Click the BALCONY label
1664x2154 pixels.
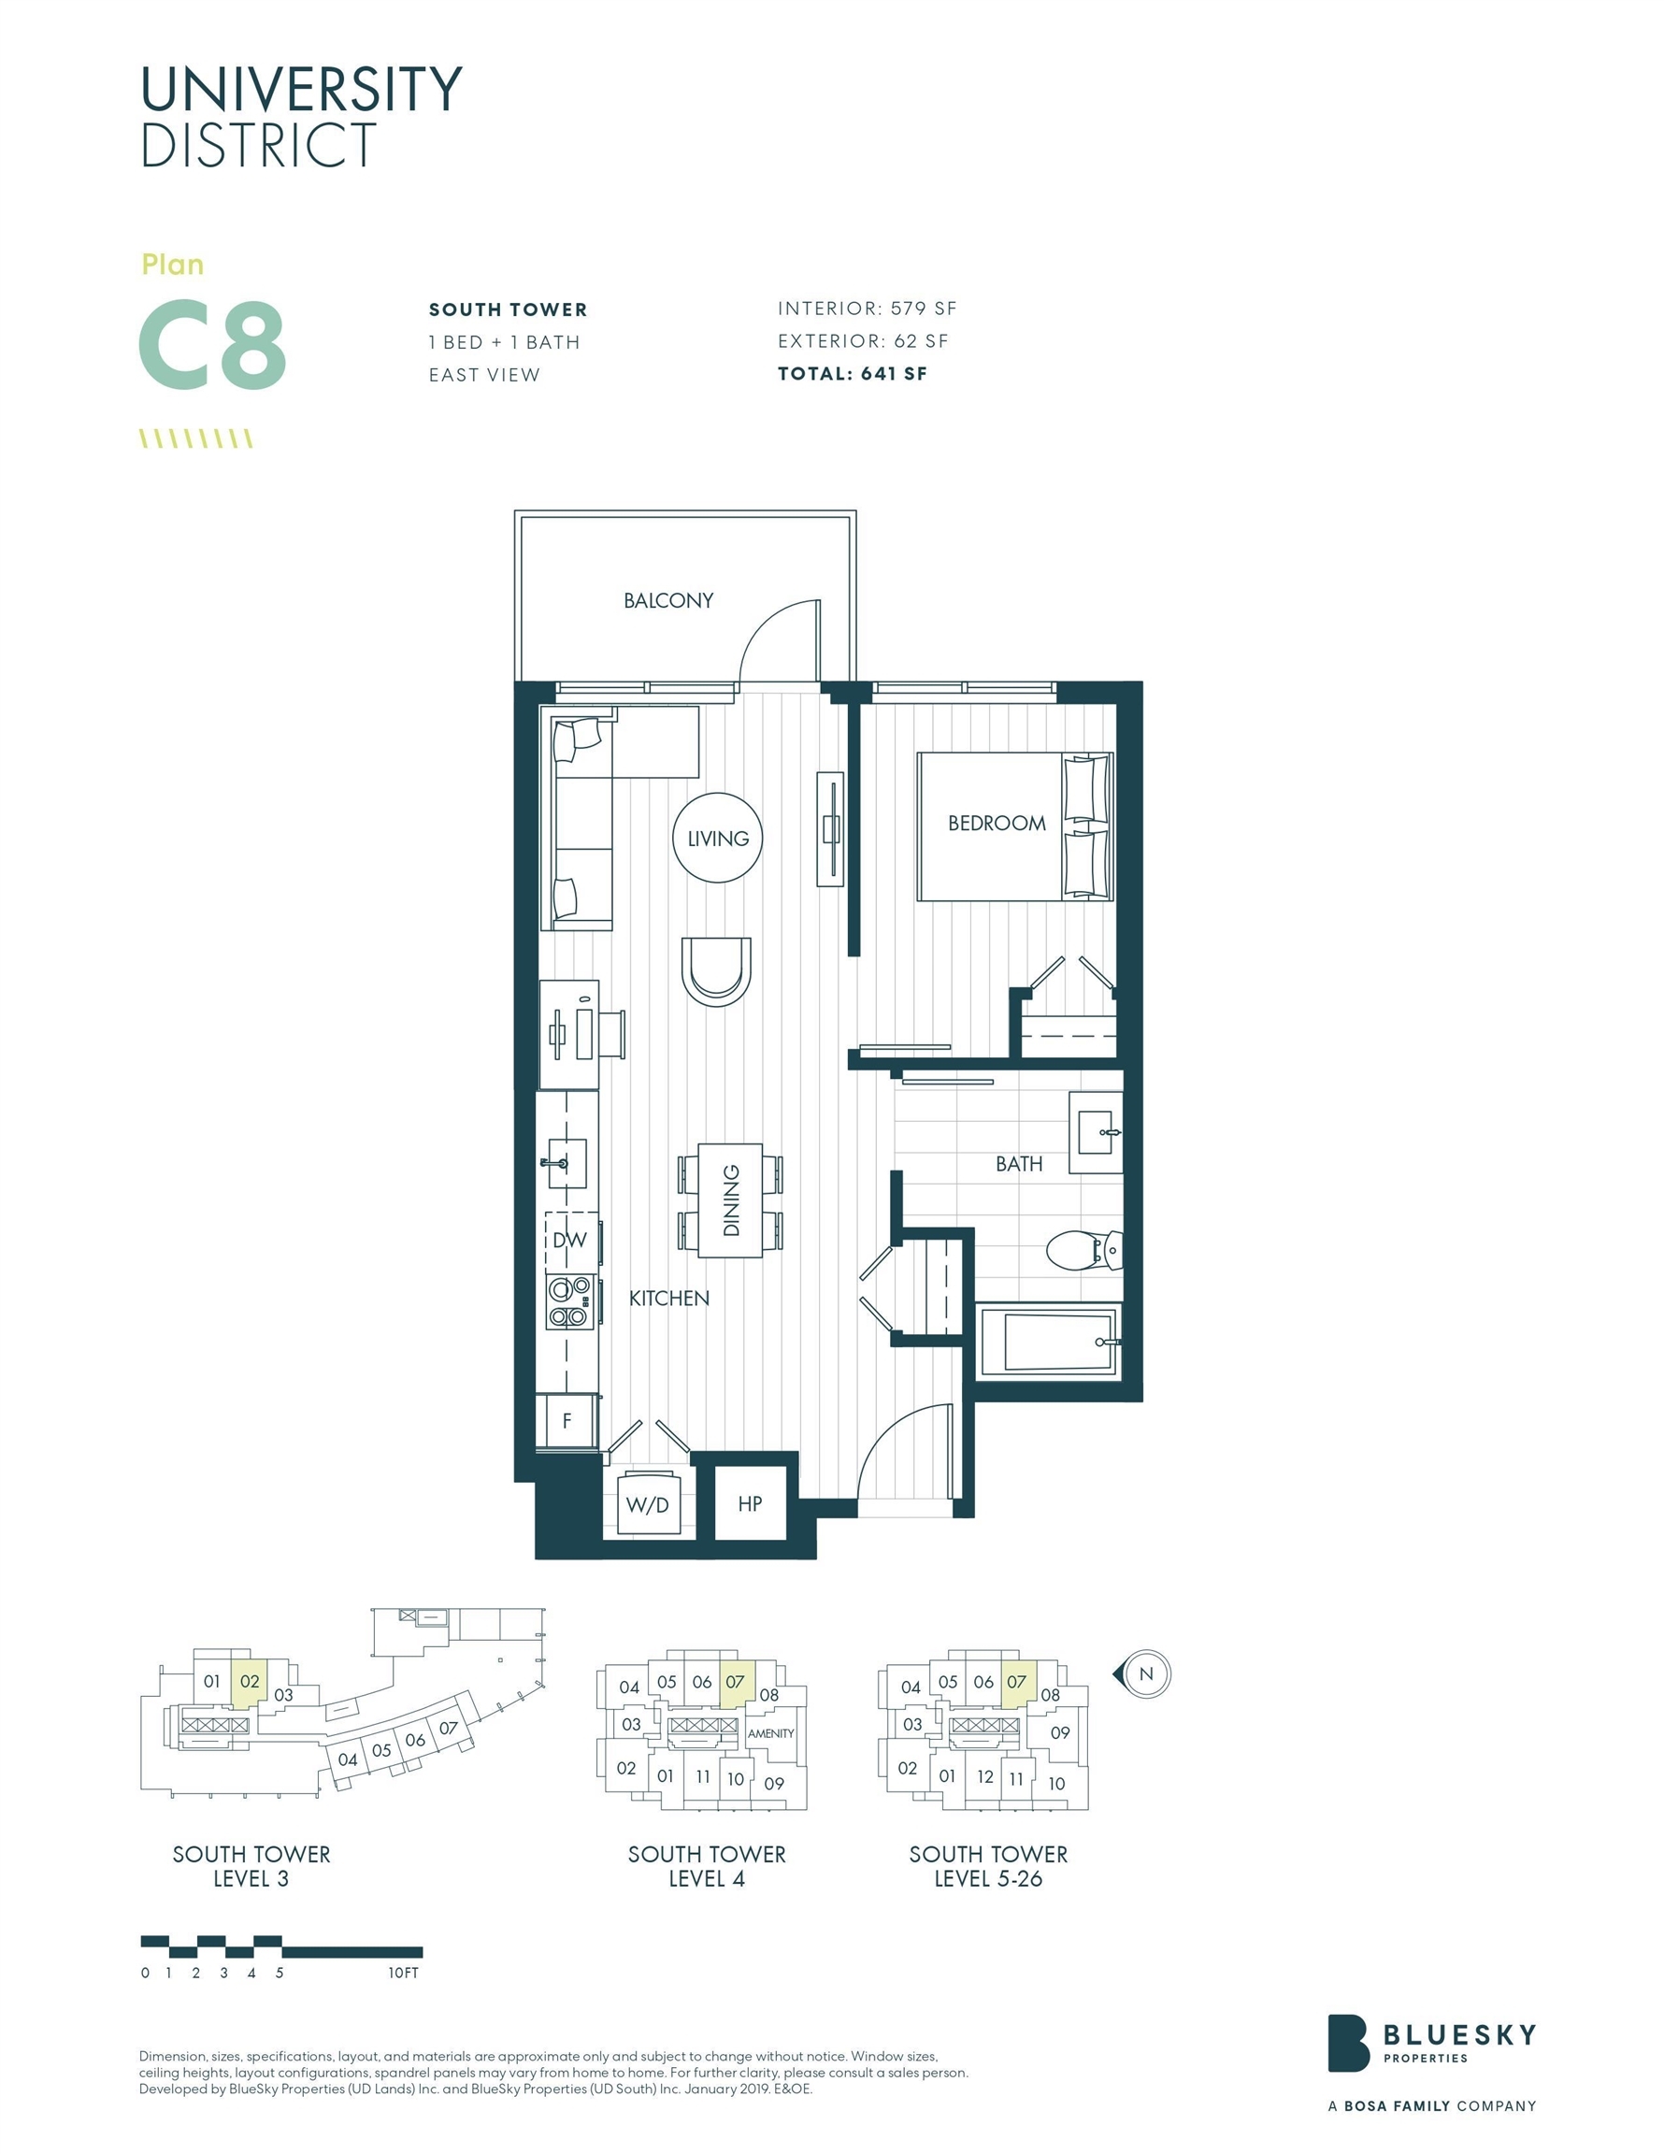coord(667,600)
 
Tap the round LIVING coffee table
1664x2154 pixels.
coord(717,838)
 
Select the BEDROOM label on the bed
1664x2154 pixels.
coord(997,823)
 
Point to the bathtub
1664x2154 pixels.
coord(1049,1342)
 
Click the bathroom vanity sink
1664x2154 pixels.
coord(1097,1133)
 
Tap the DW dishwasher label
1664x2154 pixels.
coord(569,1240)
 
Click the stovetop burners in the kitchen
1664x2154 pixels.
coord(570,1302)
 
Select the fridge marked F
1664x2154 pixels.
coord(567,1420)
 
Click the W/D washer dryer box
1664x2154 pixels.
coord(648,1504)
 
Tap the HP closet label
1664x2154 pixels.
coord(750,1503)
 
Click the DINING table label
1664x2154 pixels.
coord(731,1199)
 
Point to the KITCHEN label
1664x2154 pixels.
coord(668,1298)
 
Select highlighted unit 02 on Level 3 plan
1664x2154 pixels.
coord(250,1682)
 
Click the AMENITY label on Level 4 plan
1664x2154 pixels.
coord(770,1733)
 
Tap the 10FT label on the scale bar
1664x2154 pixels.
coord(404,1973)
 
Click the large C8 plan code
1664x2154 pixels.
coord(212,345)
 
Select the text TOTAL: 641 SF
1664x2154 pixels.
coord(853,374)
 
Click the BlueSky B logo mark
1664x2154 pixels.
coord(1347,2057)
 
